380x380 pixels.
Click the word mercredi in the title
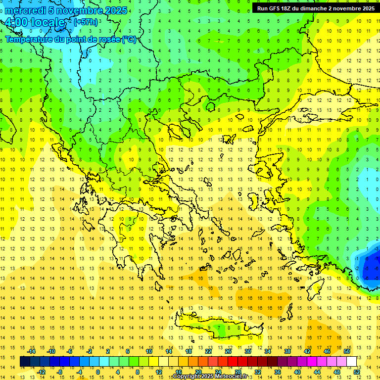click(26, 10)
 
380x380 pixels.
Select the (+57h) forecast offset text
click(86, 22)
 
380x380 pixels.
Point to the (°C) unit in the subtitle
click(129, 39)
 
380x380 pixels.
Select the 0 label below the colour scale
click(98, 372)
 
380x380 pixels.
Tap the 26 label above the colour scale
click(228, 351)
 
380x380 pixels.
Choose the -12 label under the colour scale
click(42, 372)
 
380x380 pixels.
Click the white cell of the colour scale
click(351, 362)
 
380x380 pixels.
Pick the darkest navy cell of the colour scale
click(25, 362)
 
